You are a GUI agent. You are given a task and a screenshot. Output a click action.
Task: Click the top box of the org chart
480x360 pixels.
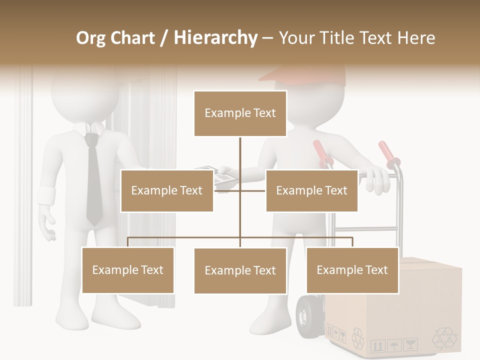(x=240, y=113)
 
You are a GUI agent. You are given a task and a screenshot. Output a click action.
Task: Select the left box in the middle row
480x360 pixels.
(x=167, y=190)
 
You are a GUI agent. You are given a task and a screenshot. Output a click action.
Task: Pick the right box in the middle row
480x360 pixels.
(x=311, y=190)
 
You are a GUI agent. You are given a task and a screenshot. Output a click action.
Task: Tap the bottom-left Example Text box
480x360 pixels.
(x=128, y=270)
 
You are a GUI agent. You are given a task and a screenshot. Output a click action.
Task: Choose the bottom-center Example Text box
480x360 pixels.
(x=240, y=270)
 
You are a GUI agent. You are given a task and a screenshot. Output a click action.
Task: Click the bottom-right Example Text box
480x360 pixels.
(x=352, y=270)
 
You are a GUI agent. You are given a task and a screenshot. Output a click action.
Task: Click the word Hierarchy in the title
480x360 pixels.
(x=215, y=37)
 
